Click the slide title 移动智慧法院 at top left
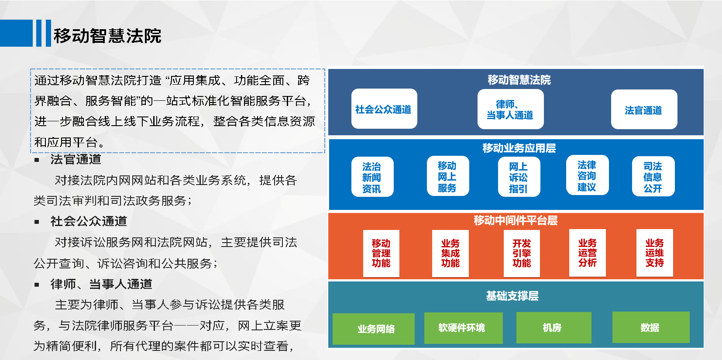pos(107,35)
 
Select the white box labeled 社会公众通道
pos(384,109)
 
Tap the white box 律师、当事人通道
pos(511,109)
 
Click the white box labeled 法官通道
pos(644,109)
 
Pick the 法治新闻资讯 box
pos(372,177)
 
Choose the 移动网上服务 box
pos(448,176)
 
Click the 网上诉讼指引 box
pos(519,177)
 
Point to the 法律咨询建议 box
pos(587,175)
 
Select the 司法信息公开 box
pos(653,176)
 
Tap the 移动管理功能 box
pos(382,254)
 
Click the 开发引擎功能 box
pos(522,254)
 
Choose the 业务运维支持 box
pos(655,253)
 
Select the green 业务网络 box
pos(374,329)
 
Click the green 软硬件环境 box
pos(464,328)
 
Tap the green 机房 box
pos(554,327)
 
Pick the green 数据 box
pos(651,327)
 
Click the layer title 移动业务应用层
pos(519,148)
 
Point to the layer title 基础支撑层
pos(512,295)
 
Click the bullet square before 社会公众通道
pos(37,222)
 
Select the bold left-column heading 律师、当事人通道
pos(101,284)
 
